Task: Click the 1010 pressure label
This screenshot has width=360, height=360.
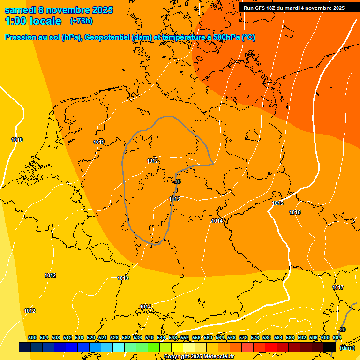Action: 17,140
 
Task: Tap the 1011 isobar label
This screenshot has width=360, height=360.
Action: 98,142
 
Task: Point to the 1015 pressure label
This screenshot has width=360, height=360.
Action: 277,203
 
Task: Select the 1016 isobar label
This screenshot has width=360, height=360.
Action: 295,212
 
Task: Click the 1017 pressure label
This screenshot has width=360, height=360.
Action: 338,287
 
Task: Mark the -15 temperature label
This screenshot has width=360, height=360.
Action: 177,181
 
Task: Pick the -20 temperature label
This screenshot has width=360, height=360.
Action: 342,330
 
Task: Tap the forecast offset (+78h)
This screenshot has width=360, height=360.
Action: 81,21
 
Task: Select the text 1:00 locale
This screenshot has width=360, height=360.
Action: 33,21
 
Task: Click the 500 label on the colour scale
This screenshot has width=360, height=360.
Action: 32,337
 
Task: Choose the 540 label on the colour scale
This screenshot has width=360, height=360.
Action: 150,337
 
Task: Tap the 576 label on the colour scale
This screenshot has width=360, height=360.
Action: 255,337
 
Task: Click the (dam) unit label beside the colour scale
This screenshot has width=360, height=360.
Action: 347,347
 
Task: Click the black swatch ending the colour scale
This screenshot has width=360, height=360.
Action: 330,347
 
